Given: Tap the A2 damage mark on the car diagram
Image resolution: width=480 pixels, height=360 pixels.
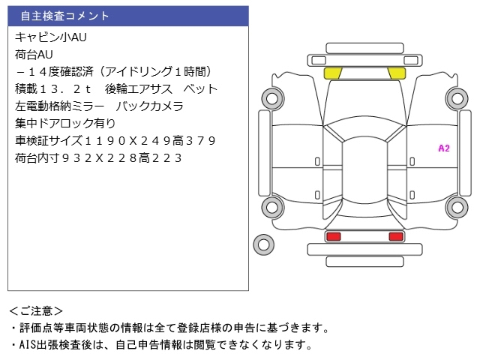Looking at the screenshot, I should [x=443, y=148].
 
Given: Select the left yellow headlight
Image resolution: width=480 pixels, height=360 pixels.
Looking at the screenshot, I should [x=332, y=73].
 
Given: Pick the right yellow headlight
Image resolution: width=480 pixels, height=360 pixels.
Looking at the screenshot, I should [x=396, y=73].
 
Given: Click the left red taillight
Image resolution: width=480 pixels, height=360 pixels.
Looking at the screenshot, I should [x=333, y=236].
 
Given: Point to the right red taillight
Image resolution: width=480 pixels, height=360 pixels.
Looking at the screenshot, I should [x=395, y=236].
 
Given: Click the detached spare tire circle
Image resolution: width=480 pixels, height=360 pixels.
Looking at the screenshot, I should [x=262, y=244].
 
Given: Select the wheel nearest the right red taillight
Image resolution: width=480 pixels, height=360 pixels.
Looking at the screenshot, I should [x=456, y=208].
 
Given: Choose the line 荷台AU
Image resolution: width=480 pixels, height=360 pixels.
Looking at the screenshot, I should [x=34, y=54].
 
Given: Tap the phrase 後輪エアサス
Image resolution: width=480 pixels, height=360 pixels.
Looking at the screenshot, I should [x=138, y=89].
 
